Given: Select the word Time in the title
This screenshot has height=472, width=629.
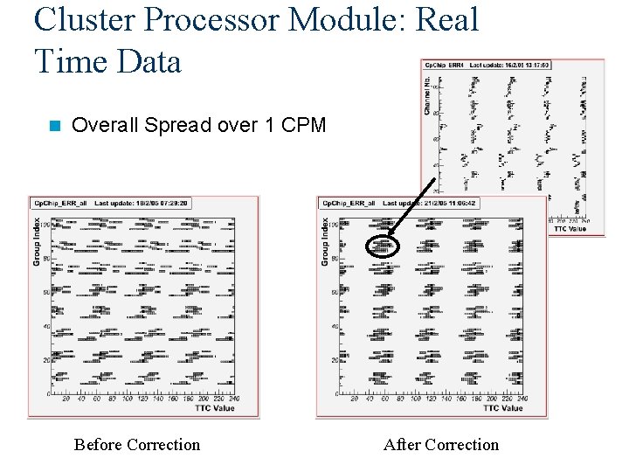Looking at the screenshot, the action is [x=69, y=60].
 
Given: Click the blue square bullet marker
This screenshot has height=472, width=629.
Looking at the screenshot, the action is [x=55, y=126].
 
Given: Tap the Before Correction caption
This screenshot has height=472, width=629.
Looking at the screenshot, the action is [x=137, y=445].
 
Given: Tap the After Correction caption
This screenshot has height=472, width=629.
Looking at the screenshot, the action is [x=441, y=445].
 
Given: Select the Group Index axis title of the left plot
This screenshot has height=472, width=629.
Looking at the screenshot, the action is [x=37, y=241].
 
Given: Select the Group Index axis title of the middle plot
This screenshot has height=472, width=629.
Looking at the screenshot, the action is [x=325, y=241].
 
